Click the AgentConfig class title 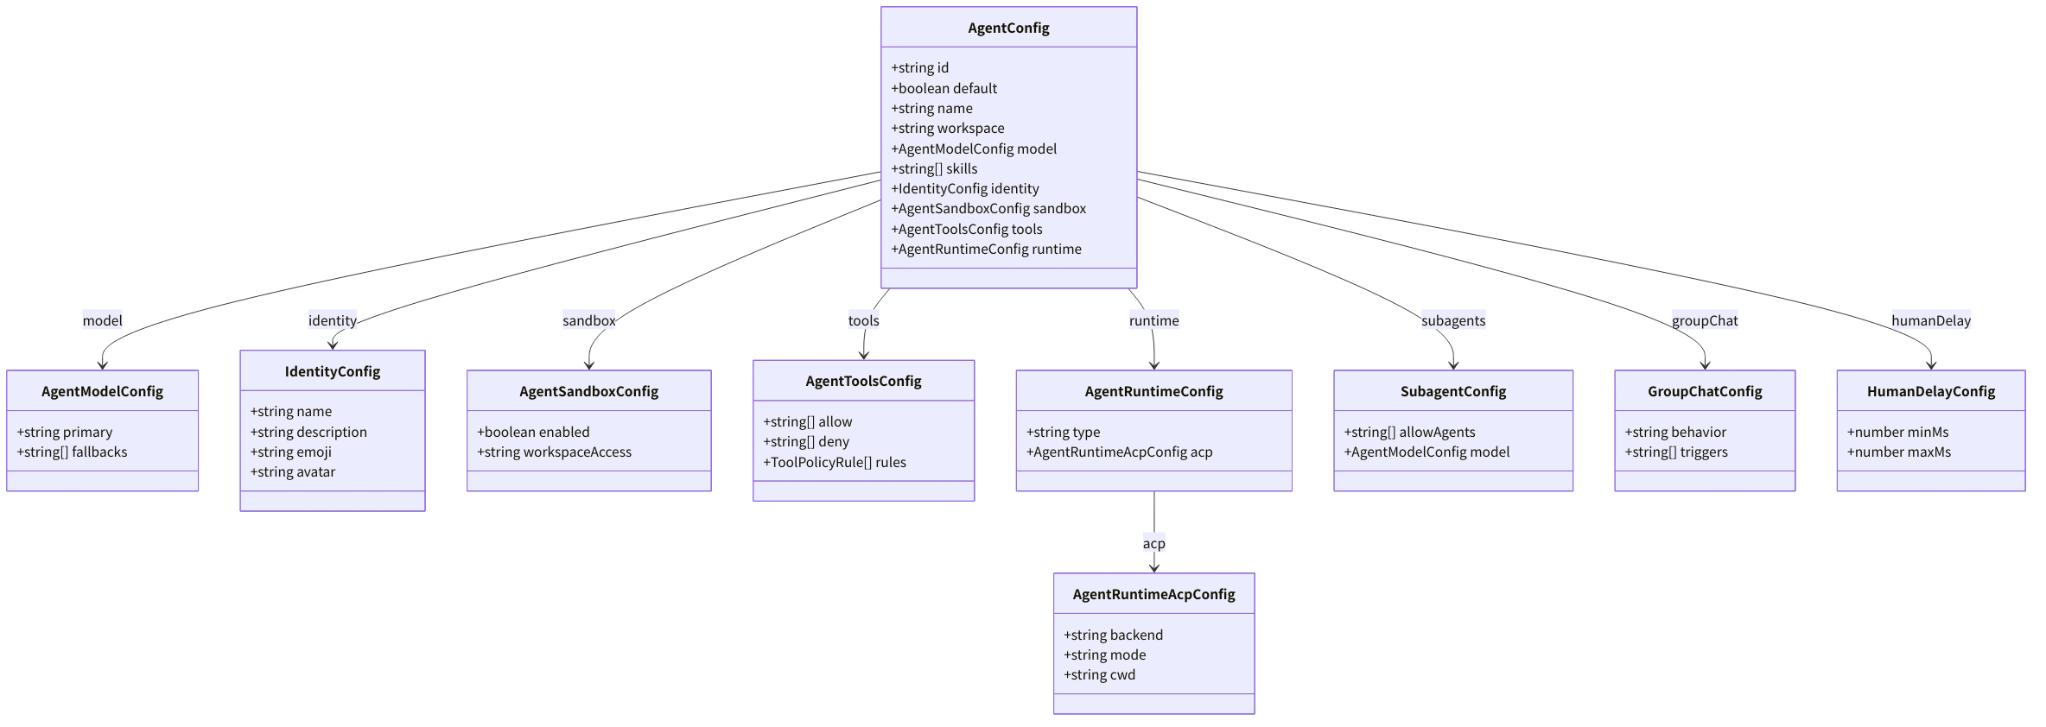1008,28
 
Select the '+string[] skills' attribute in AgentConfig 934,168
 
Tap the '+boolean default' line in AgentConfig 944,88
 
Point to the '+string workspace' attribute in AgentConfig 947,128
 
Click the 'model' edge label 102,320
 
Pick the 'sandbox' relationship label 588,320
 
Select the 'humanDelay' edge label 1931,320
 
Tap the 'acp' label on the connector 1153,543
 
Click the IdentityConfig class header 333,371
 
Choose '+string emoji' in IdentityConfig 290,452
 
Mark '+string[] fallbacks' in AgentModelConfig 72,452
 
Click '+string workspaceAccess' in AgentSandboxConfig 554,452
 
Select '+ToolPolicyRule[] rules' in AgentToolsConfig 834,462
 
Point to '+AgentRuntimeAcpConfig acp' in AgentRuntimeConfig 1119,452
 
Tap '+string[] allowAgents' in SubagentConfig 1409,432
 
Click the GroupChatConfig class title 1705,391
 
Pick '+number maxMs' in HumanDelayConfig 1899,452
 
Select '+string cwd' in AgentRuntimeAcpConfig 1099,674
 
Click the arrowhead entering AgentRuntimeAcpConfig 1153,567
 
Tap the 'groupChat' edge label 1705,320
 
